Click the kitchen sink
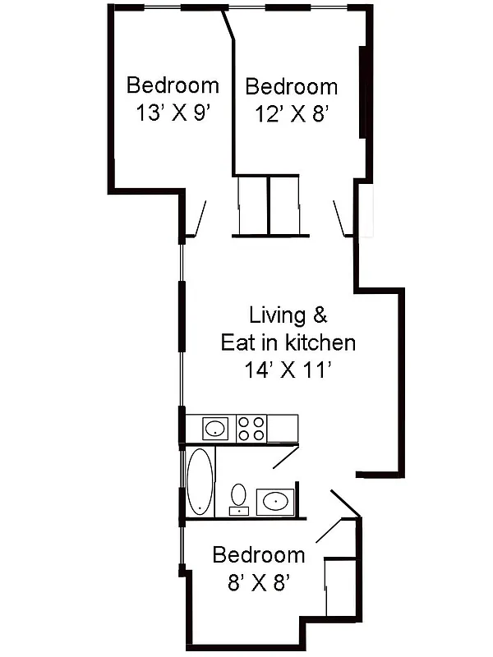(x=215, y=428)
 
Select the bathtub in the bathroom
(x=200, y=481)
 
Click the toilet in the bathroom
(x=238, y=497)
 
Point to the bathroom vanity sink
(x=275, y=501)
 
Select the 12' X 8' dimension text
(x=292, y=114)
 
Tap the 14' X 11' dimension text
(x=288, y=371)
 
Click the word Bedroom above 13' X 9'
(x=173, y=85)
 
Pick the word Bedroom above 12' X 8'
(x=292, y=86)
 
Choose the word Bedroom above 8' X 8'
(x=258, y=555)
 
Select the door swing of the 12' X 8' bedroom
(x=341, y=218)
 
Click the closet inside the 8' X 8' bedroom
(x=341, y=586)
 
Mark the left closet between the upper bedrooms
(x=252, y=205)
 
